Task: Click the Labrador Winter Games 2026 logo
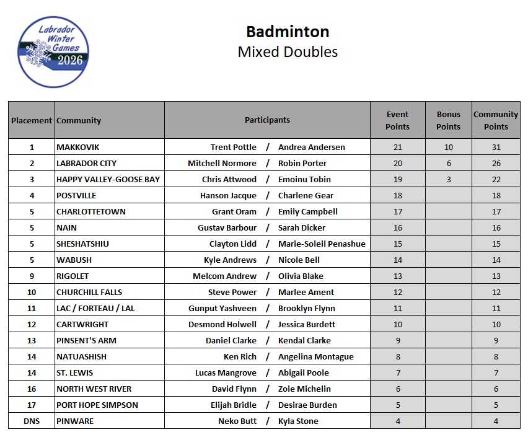coord(54,51)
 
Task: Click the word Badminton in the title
coord(288,32)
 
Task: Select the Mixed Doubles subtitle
coord(288,51)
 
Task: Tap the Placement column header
coord(32,120)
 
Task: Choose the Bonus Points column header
coord(448,120)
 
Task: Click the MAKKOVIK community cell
coord(78,147)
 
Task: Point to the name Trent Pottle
coord(233,147)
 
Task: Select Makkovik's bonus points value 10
coord(448,147)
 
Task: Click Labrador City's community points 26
coord(496,163)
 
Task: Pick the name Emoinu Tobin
coord(304,179)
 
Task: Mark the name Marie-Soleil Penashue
coord(322,244)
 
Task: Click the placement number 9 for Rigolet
coord(32,276)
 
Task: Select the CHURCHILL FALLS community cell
coord(89,292)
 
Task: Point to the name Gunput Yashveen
coord(222,308)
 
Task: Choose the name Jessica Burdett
coord(307,324)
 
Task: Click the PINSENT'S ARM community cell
coord(86,340)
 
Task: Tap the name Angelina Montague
coord(316,356)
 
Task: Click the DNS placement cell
coord(32,421)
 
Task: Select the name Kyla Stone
coord(298,421)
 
